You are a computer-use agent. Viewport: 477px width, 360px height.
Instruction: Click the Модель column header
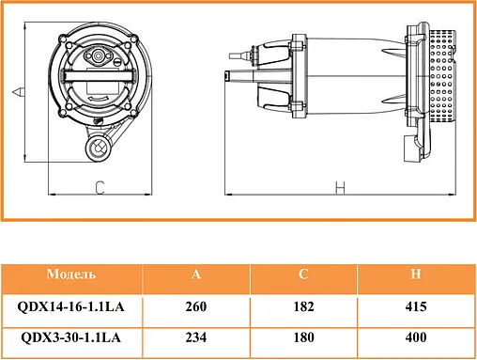(x=70, y=274)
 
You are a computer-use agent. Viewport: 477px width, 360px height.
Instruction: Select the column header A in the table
(x=195, y=274)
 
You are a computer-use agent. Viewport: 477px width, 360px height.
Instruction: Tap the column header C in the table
(x=303, y=274)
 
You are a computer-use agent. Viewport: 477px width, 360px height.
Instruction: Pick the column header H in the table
(x=414, y=274)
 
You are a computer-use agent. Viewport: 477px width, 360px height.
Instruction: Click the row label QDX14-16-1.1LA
(x=70, y=306)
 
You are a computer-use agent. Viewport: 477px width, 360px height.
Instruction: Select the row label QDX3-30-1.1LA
(x=70, y=337)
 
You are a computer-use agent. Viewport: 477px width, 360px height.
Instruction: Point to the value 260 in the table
(x=195, y=306)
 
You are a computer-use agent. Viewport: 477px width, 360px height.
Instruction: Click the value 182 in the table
(x=303, y=306)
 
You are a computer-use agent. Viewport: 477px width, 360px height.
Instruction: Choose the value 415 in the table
(x=414, y=306)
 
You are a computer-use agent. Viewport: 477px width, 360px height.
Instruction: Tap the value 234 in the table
(x=195, y=337)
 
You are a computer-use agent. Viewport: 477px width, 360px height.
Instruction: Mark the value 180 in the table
(x=303, y=337)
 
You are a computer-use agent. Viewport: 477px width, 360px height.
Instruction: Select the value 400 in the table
(x=414, y=337)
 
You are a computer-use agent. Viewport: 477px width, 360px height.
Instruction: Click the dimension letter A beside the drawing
(x=17, y=90)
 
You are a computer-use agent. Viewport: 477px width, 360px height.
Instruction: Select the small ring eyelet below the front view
(x=95, y=148)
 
